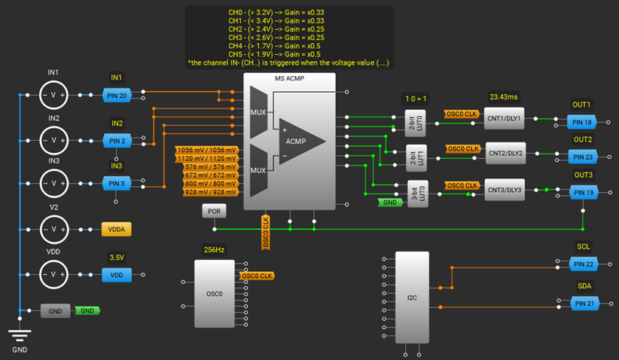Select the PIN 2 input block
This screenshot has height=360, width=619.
116,140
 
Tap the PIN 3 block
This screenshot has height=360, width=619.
116,184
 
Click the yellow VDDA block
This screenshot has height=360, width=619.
116,229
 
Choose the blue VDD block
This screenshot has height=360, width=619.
116,275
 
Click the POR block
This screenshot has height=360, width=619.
214,212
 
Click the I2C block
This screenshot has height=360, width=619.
412,297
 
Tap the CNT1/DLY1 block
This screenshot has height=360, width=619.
505,120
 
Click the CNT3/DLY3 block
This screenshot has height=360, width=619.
505,190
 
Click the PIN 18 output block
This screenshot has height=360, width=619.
583,121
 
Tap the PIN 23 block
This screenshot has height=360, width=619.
583,157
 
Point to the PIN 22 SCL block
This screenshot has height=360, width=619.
583,264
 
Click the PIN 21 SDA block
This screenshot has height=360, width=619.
583,304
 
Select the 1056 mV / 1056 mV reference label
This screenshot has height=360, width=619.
207,150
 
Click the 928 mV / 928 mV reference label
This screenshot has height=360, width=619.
207,193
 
